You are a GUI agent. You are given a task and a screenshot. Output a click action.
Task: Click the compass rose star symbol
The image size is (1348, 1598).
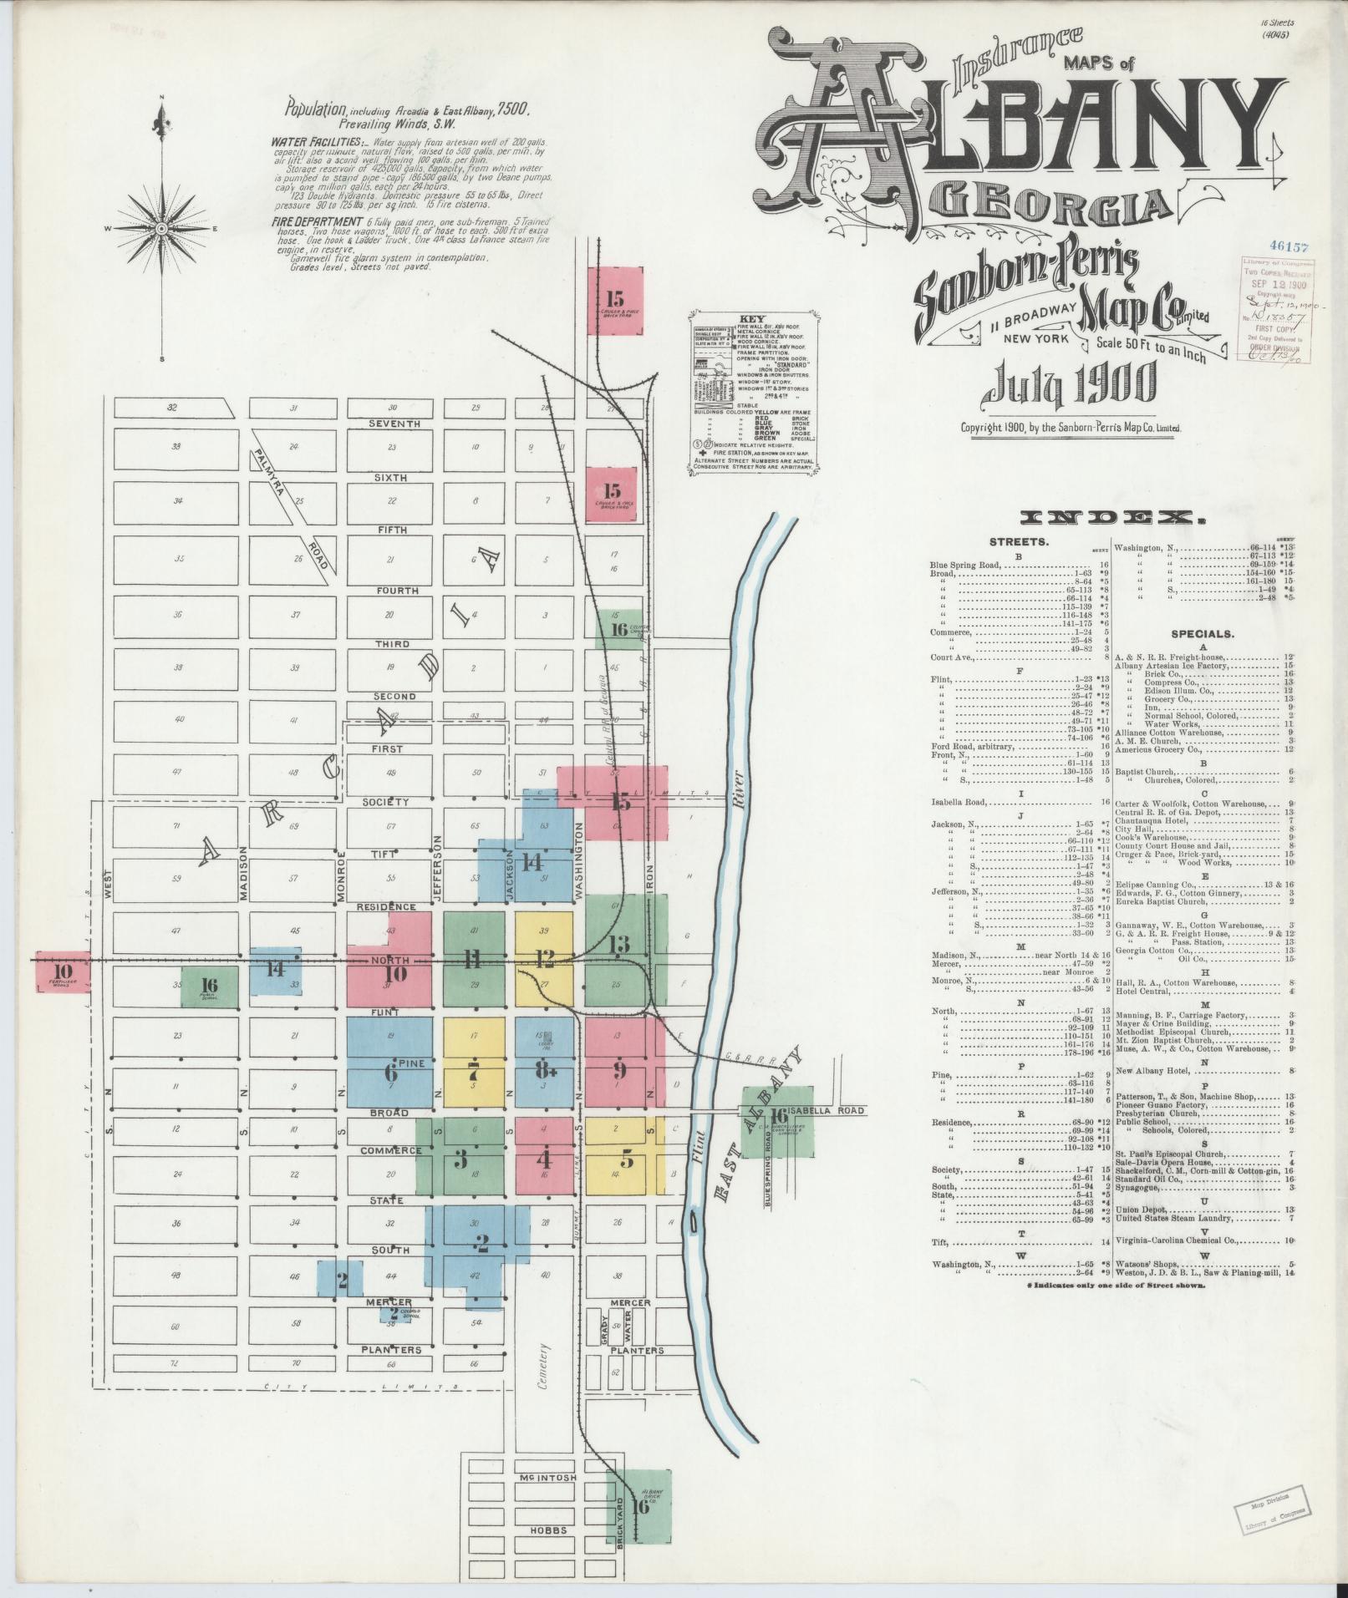160,228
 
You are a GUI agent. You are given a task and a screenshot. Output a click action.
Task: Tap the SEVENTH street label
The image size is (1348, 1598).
395,424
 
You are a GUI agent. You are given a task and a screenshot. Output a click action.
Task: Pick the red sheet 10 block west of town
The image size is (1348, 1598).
63,971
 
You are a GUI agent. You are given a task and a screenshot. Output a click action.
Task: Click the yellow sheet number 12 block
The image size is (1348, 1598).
545,958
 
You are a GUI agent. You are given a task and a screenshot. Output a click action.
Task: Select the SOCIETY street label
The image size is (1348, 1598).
385,802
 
